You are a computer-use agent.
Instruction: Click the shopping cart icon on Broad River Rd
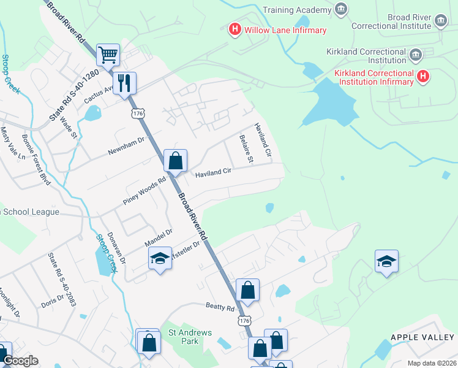click(x=108, y=55)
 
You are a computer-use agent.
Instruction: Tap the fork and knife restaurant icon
click(x=124, y=82)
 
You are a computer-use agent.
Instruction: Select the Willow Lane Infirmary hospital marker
click(x=234, y=29)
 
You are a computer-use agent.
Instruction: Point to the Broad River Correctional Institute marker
click(x=440, y=21)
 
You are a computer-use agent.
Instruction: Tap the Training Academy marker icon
click(x=341, y=9)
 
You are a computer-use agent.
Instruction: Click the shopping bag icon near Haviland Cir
click(x=175, y=161)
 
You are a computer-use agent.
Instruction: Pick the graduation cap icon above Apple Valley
click(x=386, y=261)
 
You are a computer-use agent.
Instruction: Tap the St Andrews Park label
click(x=190, y=337)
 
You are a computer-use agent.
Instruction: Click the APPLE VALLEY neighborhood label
click(x=422, y=337)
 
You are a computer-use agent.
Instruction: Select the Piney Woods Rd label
click(x=145, y=191)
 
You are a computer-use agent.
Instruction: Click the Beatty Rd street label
click(x=220, y=307)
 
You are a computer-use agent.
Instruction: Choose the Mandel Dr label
click(x=159, y=237)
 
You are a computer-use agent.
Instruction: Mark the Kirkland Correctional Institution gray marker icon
click(x=415, y=55)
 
